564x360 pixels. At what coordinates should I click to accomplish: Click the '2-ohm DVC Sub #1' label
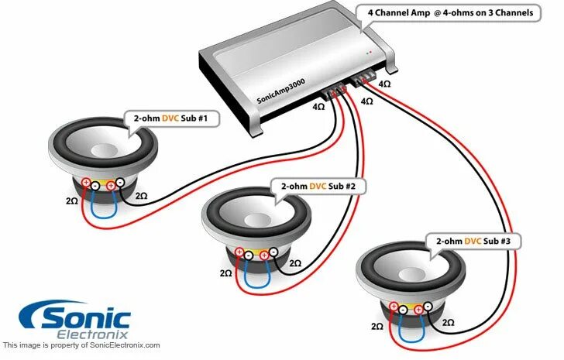tap(171, 118)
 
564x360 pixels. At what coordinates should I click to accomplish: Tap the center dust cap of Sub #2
tap(257, 211)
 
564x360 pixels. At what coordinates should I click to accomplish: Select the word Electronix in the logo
tap(93, 334)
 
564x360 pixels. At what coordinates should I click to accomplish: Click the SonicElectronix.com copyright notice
tap(81, 345)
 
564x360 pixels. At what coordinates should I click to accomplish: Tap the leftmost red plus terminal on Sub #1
tap(86, 184)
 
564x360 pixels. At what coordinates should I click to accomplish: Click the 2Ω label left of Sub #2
tap(226, 273)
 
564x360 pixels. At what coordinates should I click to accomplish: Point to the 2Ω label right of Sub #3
tap(447, 321)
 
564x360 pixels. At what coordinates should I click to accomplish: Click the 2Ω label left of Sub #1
tap(72, 201)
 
